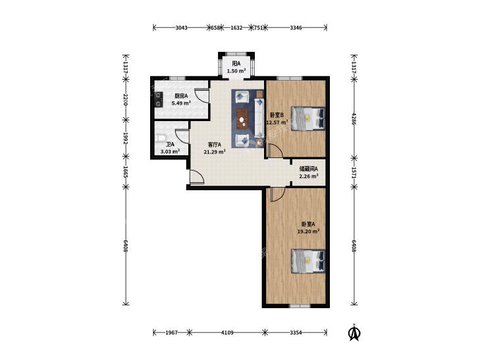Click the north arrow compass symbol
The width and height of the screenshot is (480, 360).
pos(354,333)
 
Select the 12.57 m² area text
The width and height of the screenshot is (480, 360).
pos(277,122)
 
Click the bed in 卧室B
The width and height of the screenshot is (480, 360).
pos(307,118)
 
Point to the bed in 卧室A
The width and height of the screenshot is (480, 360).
pos(307,261)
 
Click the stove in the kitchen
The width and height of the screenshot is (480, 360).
pos(158,100)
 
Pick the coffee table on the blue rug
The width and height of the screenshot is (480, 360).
pos(242,118)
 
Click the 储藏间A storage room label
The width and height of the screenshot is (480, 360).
pos(309,168)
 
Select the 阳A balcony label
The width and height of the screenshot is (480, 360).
pos(236,64)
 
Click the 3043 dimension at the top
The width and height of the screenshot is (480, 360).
pos(181,28)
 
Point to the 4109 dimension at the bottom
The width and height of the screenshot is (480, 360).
pos(227,332)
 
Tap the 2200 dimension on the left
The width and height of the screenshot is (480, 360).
pos(125,100)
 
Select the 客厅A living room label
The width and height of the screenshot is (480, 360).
pos(215,144)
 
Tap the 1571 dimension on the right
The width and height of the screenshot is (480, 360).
pos(354,172)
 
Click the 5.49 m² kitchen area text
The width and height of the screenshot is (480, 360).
pos(181,103)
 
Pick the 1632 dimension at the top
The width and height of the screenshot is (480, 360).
pos(236,28)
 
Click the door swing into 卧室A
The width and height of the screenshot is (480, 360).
pos(278,195)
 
